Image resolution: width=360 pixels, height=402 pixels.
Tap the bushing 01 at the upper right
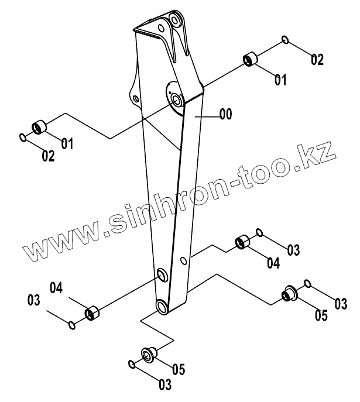click(x=251, y=59)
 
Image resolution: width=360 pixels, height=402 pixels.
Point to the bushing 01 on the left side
click(x=39, y=126)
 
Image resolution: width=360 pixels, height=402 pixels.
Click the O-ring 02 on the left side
click(x=22, y=138)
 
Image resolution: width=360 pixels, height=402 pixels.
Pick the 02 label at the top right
click(x=317, y=59)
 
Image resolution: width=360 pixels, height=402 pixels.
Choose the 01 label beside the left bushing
click(x=67, y=142)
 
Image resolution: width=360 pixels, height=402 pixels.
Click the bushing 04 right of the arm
click(x=242, y=242)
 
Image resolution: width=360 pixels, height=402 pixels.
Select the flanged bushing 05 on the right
click(x=288, y=292)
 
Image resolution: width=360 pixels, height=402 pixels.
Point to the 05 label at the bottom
click(x=179, y=369)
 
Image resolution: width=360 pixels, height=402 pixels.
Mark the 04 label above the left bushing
click(x=56, y=287)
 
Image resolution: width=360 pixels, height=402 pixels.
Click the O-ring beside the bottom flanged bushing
click(x=132, y=365)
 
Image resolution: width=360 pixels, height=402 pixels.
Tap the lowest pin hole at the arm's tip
click(x=162, y=307)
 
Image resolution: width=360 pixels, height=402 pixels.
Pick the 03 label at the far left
click(x=33, y=301)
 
